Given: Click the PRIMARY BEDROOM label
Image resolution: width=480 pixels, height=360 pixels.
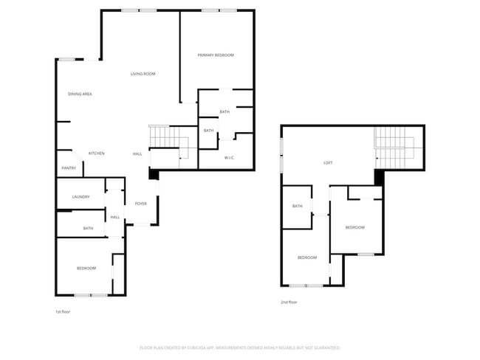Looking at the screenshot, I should (x=216, y=55).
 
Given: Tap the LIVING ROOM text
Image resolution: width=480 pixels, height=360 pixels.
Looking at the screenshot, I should (x=143, y=74).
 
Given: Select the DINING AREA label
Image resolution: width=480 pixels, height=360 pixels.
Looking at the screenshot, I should (x=80, y=94).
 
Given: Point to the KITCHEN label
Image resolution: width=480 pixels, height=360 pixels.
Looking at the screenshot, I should (x=96, y=153).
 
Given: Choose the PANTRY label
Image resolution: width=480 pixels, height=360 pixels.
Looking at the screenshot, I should (x=68, y=168).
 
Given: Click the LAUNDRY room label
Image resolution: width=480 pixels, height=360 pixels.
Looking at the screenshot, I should (x=80, y=197).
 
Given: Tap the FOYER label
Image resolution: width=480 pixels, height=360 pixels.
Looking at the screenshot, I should (x=140, y=204).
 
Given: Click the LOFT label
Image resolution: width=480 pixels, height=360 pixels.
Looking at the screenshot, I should (x=328, y=162).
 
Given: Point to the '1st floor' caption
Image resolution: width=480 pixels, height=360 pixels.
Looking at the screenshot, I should (x=63, y=312).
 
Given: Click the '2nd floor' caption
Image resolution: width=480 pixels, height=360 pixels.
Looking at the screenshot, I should (x=288, y=302).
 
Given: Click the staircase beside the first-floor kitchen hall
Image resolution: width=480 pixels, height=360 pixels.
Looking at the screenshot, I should (x=164, y=137).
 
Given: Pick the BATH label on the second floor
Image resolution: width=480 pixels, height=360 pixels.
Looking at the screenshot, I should (x=297, y=206).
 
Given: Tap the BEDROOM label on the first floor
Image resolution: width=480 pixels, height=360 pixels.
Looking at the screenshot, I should (x=86, y=268).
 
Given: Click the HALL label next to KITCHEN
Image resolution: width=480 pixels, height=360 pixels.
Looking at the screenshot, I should (x=137, y=153).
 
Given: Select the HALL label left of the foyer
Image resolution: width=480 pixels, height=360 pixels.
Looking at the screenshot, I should (x=115, y=217).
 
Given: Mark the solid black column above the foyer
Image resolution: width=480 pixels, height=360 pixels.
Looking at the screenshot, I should (x=153, y=175).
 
